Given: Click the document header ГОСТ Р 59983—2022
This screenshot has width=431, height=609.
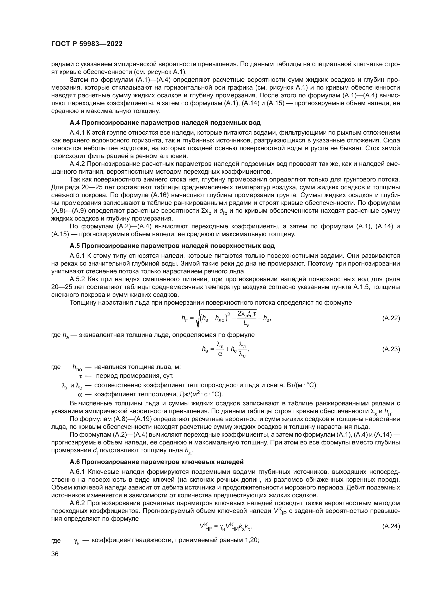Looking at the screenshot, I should point(87,44).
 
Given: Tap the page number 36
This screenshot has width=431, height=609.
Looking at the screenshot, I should point(55,554).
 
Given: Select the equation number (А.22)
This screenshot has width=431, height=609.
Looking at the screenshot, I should point(391,318).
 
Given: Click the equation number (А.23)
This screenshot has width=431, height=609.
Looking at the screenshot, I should point(391,349).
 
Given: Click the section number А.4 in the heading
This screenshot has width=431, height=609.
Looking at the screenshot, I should point(75,123).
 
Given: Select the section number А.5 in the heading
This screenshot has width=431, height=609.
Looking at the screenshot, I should point(75,246).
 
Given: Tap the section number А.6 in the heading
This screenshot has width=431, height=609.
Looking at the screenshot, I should point(75,462).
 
